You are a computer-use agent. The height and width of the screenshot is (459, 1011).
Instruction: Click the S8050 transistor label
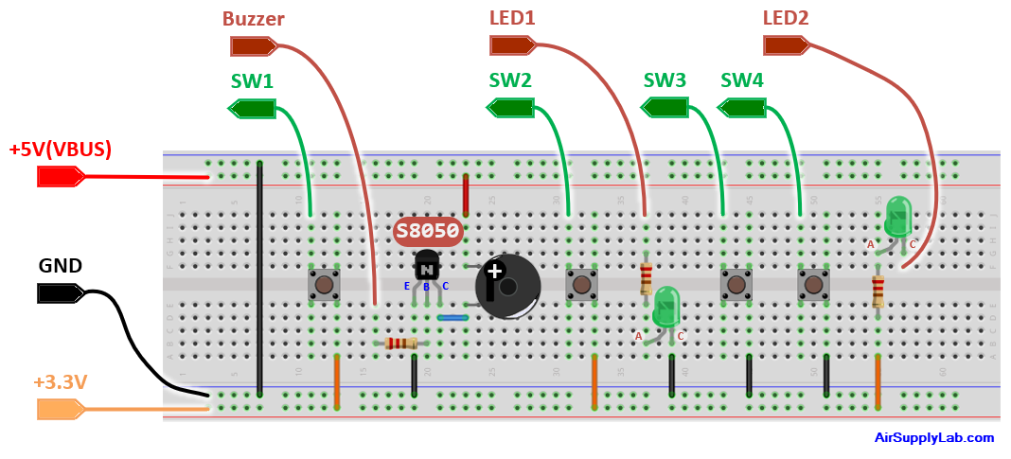coord(428,231)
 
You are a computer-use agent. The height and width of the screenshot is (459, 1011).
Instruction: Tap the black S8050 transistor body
coord(427,265)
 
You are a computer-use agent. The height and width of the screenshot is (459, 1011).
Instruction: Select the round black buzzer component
coord(507,286)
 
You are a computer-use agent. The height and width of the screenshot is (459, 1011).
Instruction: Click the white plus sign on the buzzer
coord(494,273)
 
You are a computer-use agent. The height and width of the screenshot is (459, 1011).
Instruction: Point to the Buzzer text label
coord(254,19)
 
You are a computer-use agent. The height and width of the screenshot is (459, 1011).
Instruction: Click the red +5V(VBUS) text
coord(61,150)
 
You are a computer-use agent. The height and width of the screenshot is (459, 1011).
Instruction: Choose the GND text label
coord(61,266)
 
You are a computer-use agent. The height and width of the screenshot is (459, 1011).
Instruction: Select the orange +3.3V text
coord(61,382)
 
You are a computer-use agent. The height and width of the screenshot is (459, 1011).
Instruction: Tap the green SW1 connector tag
coord(252,109)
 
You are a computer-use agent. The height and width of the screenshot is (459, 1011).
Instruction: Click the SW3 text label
coord(665,81)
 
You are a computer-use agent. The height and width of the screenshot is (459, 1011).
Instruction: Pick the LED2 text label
coord(786,19)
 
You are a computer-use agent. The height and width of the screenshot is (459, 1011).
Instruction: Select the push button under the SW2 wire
coord(580,283)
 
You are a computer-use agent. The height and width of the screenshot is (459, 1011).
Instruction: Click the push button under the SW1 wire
coord(324,283)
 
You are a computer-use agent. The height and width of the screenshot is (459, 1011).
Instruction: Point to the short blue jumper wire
coord(452,318)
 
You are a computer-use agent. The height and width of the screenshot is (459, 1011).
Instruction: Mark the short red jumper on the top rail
coord(466,194)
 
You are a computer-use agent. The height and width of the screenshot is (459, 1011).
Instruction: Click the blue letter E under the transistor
coord(407,286)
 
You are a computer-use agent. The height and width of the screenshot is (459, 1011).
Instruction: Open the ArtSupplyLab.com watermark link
coord(933,438)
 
